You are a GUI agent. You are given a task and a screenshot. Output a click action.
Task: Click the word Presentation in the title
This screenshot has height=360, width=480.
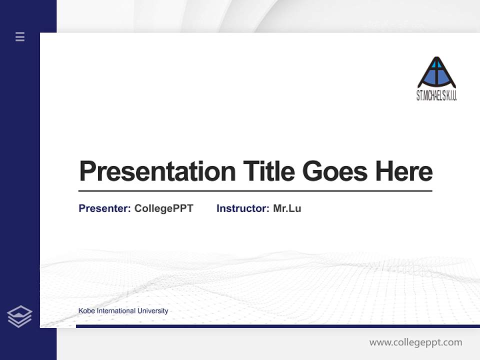click(x=157, y=171)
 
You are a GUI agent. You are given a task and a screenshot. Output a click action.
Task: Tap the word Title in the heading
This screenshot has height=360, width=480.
click(x=269, y=171)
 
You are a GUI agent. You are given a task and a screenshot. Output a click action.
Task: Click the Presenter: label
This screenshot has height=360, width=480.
click(x=104, y=208)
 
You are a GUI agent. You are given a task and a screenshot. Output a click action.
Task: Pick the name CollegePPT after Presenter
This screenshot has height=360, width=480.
click(x=163, y=208)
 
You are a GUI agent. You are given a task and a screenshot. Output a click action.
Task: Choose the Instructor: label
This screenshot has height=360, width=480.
click(x=242, y=208)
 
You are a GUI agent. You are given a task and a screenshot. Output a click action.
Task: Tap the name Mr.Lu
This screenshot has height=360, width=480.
click(x=287, y=208)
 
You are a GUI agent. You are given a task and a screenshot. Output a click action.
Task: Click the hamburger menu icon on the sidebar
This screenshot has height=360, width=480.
click(x=20, y=36)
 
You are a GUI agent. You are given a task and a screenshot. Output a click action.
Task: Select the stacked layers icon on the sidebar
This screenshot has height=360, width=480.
click(x=20, y=316)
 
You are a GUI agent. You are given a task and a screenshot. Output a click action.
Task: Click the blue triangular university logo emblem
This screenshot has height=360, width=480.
click(x=436, y=73)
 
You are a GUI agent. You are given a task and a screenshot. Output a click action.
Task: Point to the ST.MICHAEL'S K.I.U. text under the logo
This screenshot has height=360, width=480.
click(x=436, y=95)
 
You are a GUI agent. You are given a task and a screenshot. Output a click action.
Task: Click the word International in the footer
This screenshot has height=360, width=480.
click(x=116, y=311)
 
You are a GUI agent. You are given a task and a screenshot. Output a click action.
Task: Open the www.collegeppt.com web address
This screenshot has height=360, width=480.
click(x=415, y=342)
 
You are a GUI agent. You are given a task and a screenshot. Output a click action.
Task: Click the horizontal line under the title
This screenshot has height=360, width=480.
click(x=255, y=191)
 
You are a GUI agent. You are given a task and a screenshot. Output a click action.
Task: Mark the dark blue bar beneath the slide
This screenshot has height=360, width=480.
click(x=277, y=326)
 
